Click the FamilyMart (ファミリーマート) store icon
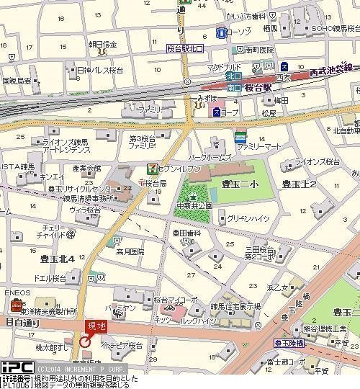240,137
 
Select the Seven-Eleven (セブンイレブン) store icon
152,168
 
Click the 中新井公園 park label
194,205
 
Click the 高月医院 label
130,251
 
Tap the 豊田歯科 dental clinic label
186,233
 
